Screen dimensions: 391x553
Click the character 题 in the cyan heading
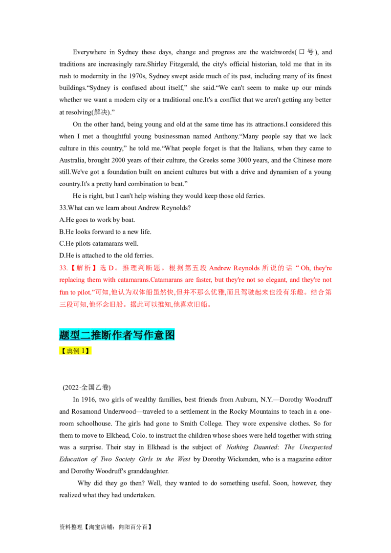tap(65, 335)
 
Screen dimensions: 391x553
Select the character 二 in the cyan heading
tap(86, 335)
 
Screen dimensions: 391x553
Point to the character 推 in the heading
tap(96, 335)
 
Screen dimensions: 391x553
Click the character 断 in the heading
tap(107, 335)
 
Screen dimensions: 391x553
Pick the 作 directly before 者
tap(117, 335)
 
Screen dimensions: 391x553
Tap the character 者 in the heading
tap(128, 335)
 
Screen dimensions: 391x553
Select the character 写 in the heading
tap(138, 335)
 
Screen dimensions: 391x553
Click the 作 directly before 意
tap(149, 335)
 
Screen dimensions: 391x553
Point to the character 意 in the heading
tap(159, 335)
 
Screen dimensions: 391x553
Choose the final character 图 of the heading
tap(170, 335)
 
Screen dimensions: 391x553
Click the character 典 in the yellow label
tap(70, 351)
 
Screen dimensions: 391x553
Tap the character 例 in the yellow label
tap(77, 351)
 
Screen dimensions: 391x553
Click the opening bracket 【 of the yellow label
tap(63, 351)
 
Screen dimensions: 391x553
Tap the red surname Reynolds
tap(246, 268)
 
